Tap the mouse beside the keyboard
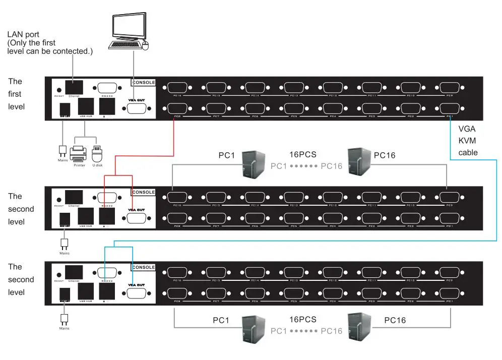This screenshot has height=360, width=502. coord(147,46)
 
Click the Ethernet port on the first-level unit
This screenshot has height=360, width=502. coord(74,86)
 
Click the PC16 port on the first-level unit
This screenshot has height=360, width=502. coord(176,88)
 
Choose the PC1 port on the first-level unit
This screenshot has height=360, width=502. coord(449,108)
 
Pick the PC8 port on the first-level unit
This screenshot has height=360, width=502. coord(176,108)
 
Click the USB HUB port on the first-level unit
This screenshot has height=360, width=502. coord(85,107)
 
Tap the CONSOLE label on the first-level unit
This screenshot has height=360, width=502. coord(143,82)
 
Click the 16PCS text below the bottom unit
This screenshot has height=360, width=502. coord(302,319)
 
